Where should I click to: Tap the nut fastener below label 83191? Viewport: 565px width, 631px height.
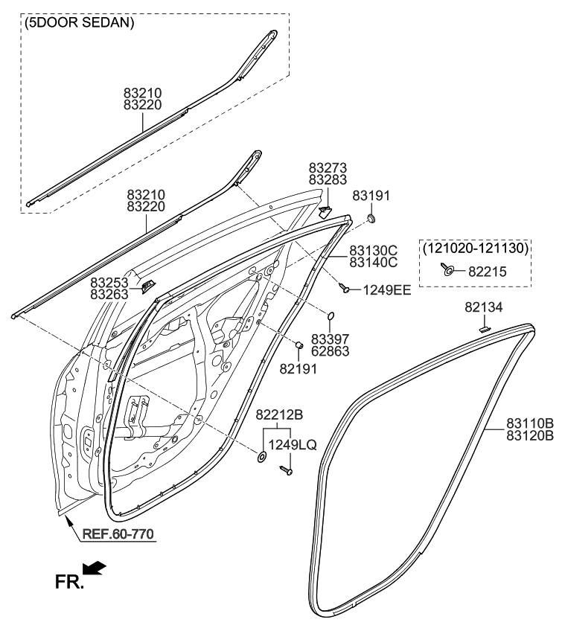pos(371,219)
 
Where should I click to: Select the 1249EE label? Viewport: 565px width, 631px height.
pos(386,290)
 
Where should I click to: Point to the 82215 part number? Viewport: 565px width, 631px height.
pos(487,272)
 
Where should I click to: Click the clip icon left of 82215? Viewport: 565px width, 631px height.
pos(448,269)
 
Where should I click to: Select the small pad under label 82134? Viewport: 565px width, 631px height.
pos(483,324)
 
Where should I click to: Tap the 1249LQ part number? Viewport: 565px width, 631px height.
pos(292,445)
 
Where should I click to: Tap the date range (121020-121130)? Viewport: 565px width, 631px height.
pos(475,247)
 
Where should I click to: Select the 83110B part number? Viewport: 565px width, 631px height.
pos(530,422)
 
